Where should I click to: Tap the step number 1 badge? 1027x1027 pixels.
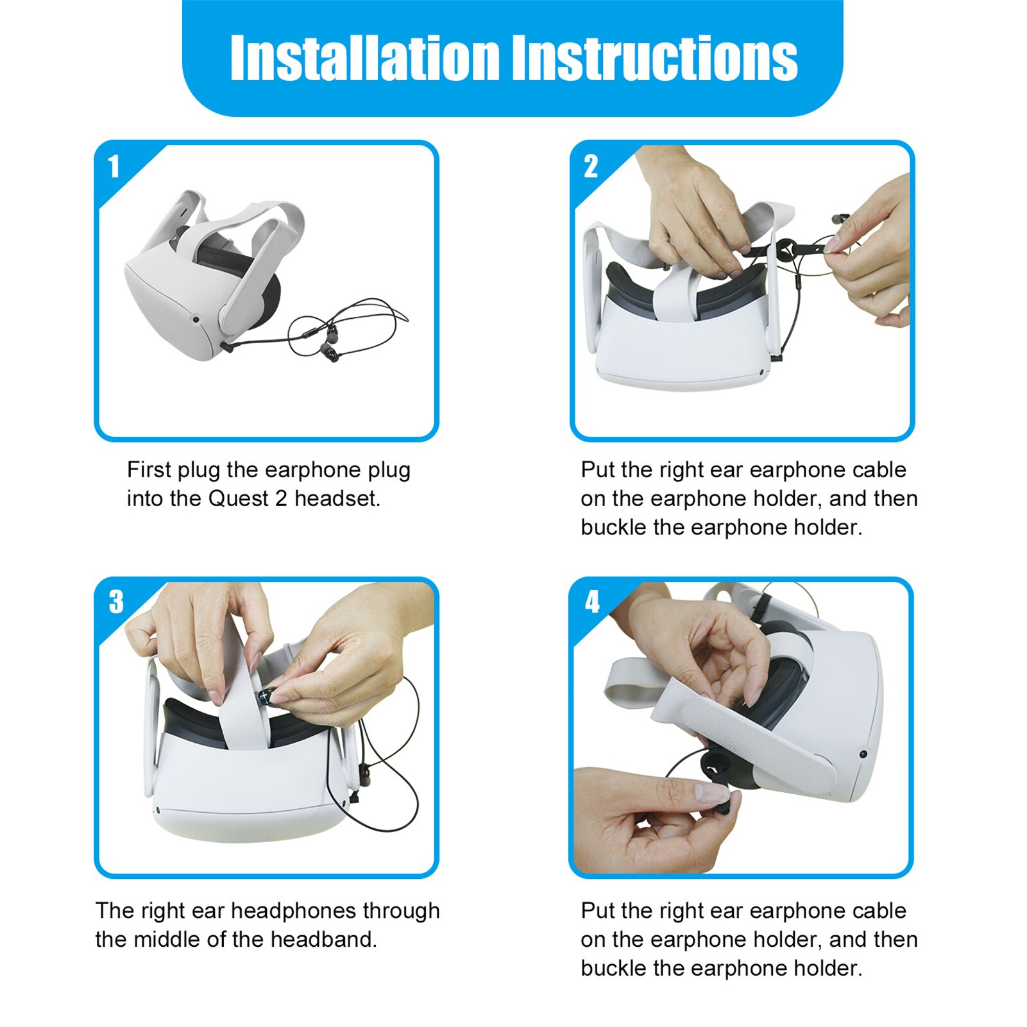point(114,166)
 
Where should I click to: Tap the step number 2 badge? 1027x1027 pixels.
point(591,166)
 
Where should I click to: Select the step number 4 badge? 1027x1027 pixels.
point(592,602)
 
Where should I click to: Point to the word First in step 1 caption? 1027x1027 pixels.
point(149,470)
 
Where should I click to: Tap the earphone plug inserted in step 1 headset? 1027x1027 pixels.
point(226,346)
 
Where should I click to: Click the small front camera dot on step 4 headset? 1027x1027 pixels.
point(863,754)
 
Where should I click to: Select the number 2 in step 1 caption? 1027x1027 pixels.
point(281,498)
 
